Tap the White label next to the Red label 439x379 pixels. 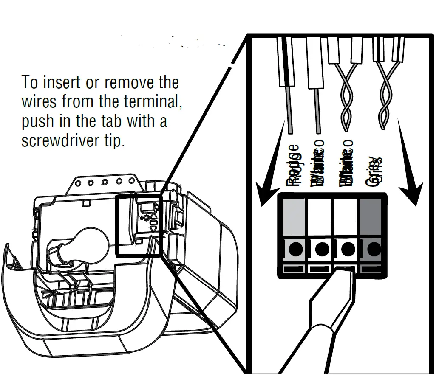318,167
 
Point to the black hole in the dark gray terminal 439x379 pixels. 374,249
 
